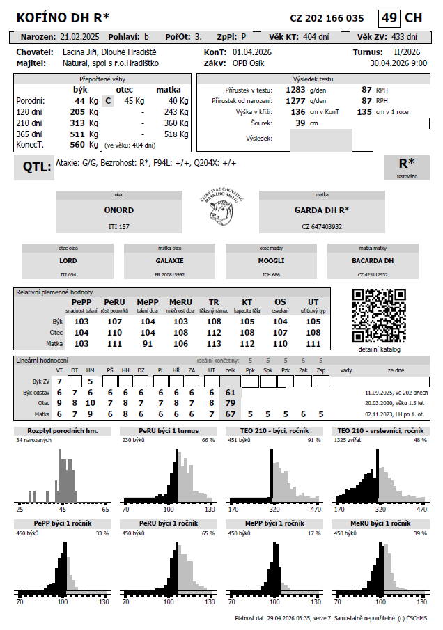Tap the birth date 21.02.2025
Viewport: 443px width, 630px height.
[81, 36]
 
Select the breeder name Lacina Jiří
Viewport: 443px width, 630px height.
[80, 52]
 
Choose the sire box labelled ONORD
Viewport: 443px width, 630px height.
[119, 211]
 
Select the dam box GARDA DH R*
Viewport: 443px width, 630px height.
[321, 211]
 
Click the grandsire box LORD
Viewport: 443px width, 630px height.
[68, 260]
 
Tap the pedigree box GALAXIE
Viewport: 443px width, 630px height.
[169, 260]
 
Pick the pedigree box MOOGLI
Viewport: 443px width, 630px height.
[271, 260]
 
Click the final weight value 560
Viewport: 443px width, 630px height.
[77, 145]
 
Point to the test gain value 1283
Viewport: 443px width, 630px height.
[295, 90]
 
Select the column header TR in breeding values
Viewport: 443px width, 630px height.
[214, 301]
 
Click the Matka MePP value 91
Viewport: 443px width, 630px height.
[148, 344]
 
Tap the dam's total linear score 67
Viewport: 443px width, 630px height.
[230, 414]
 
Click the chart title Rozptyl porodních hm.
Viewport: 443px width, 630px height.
[62, 432]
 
